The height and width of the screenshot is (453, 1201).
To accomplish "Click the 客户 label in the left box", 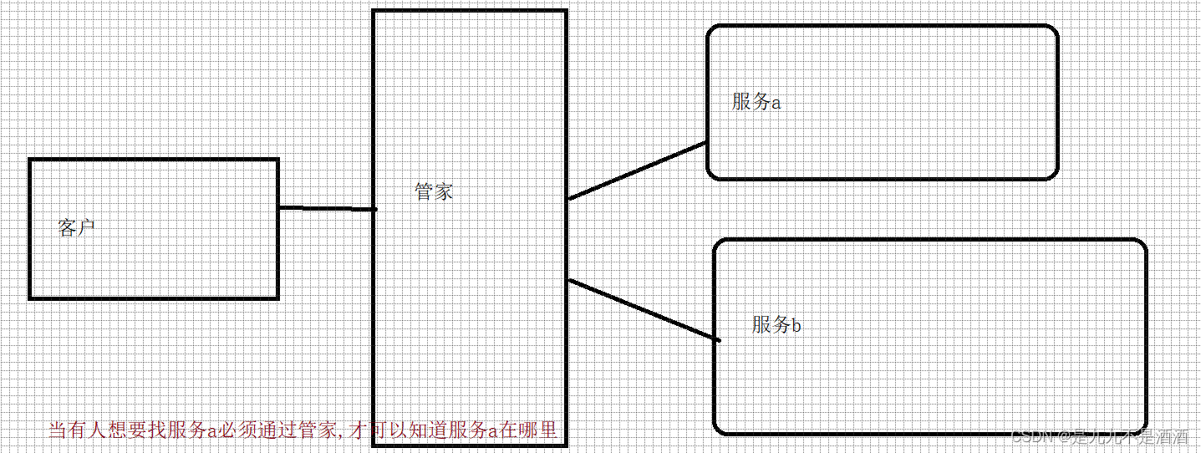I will click(77, 227).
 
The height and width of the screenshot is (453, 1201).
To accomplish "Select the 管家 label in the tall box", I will click(434, 191).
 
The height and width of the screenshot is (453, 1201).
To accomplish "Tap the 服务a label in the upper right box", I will click(756, 102).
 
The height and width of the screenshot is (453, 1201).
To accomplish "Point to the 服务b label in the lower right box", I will click(776, 324).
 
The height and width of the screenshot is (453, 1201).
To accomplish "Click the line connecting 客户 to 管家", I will click(326, 208).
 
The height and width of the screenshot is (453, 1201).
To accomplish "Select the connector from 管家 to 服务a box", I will click(638, 171).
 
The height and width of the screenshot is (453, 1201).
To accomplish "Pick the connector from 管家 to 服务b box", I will click(644, 310).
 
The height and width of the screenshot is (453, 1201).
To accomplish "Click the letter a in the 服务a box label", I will click(776, 103).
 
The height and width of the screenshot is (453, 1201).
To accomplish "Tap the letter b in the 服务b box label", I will click(796, 325).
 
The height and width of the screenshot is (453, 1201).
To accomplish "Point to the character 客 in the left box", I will click(68, 227).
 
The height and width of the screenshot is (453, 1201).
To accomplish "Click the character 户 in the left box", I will click(87, 227).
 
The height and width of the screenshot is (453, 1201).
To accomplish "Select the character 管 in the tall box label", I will click(425, 191).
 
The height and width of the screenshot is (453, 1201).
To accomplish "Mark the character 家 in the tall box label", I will click(444, 191).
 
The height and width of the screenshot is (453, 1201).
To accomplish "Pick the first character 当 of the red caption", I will click(58, 430).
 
